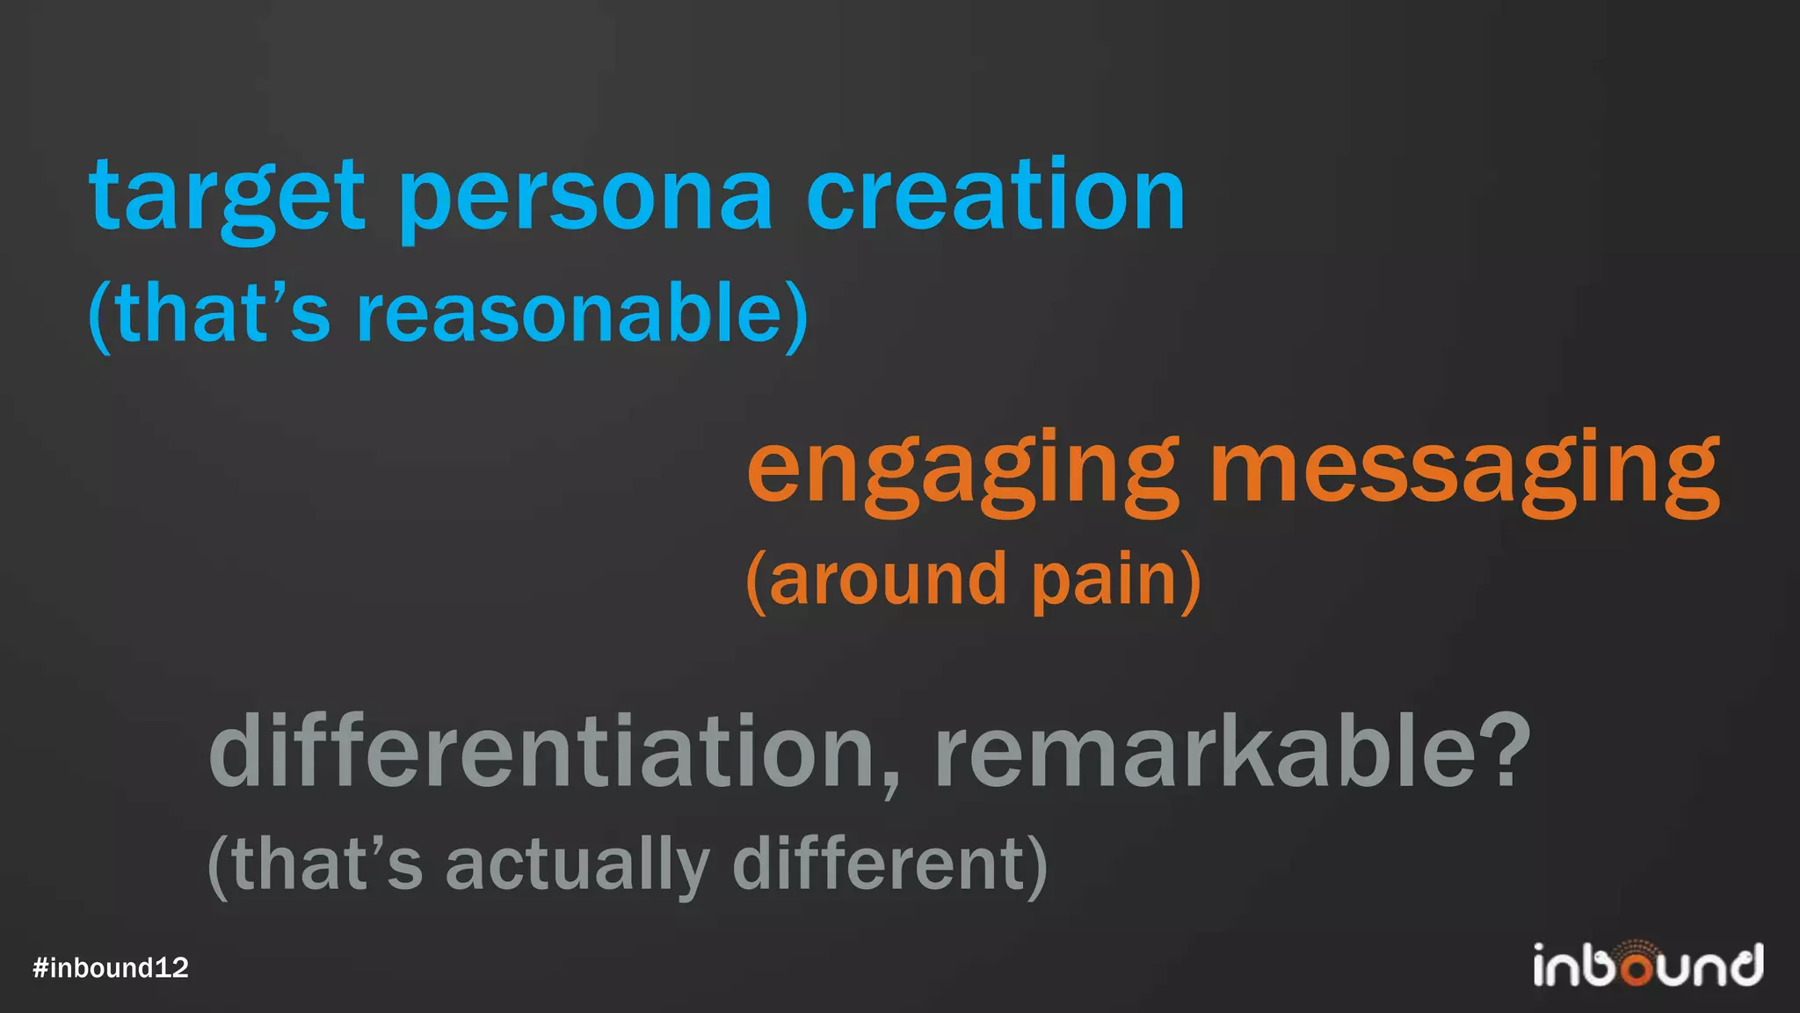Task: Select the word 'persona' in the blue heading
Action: click(585, 199)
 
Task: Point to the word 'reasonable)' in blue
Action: click(582, 314)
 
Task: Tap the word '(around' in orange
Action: click(875, 580)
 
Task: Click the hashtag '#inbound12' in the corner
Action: click(111, 968)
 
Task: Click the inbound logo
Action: click(1648, 965)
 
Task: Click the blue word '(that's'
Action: click(209, 314)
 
